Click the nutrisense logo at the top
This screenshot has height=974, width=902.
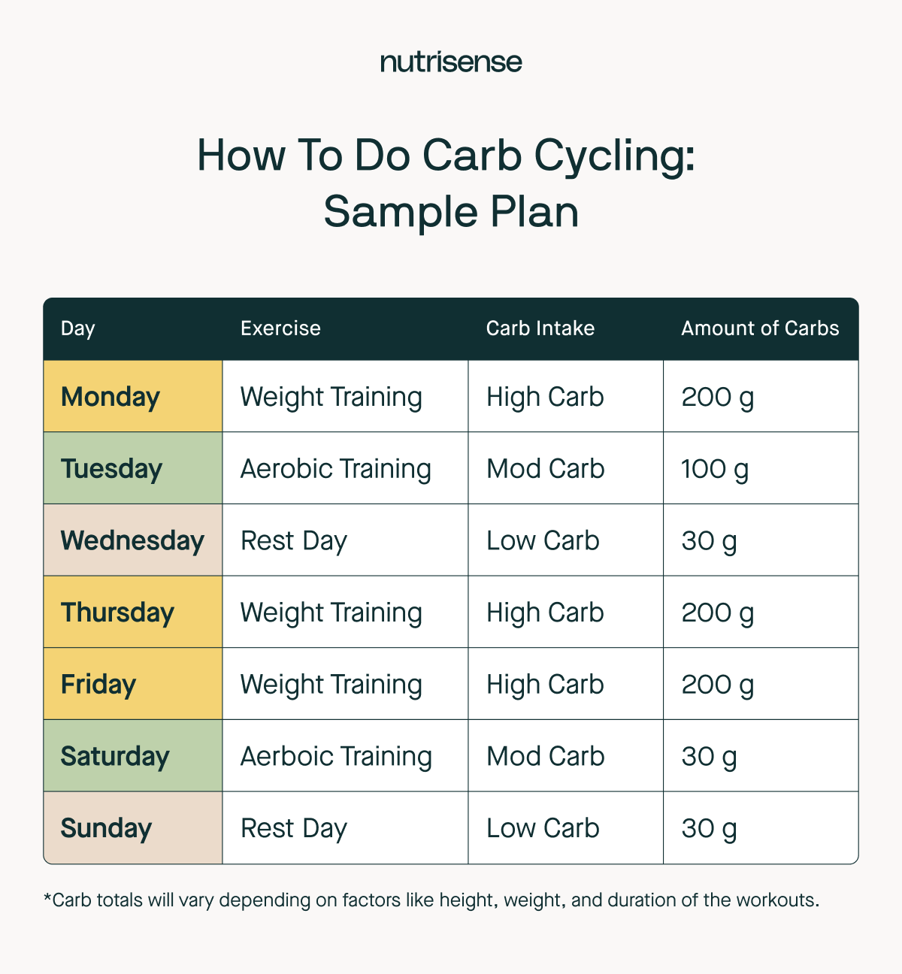pyautogui.click(x=451, y=62)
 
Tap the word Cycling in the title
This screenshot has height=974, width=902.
pyautogui.click(x=614, y=156)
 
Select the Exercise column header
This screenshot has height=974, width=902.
pyautogui.click(x=280, y=328)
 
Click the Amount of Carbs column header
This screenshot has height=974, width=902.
pyautogui.click(x=760, y=328)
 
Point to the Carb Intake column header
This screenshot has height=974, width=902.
pyautogui.click(x=540, y=328)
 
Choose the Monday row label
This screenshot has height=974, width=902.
pyautogui.click(x=110, y=397)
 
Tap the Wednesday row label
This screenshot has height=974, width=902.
pyautogui.click(x=132, y=540)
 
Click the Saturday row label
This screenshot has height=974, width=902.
pyautogui.click(x=115, y=756)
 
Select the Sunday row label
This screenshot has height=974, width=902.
pyautogui.click(x=106, y=828)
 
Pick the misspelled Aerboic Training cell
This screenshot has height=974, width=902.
pyautogui.click(x=336, y=756)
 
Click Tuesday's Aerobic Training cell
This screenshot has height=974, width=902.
pyautogui.click(x=335, y=469)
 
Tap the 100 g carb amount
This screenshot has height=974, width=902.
pyautogui.click(x=715, y=469)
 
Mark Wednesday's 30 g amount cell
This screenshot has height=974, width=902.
pyautogui.click(x=709, y=540)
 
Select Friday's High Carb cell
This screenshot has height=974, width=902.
pyautogui.click(x=545, y=685)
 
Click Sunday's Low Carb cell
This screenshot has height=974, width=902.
pyautogui.click(x=543, y=828)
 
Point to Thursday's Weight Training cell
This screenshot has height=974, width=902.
pyautogui.click(x=331, y=613)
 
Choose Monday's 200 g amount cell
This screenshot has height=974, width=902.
pyautogui.click(x=717, y=397)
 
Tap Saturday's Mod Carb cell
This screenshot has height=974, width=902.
pyautogui.click(x=545, y=756)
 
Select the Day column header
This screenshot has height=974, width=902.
pyautogui.click(x=78, y=328)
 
